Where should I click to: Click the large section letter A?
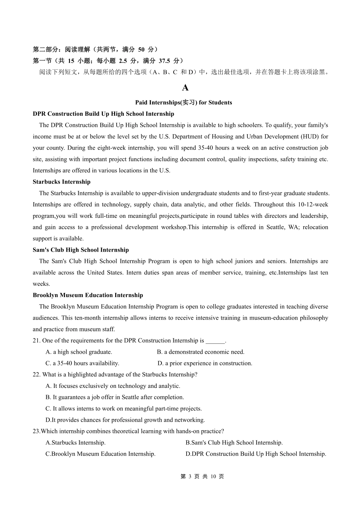pos(185,88)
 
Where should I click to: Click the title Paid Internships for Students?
pos(184,102)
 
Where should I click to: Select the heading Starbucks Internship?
pos(62,182)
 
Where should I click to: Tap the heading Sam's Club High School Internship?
pos(81,250)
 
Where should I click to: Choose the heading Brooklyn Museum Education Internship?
pos(88,295)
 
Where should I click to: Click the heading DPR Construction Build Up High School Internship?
pos(103,114)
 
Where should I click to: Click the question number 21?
pos(36,341)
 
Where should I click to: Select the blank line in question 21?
pos(215,341)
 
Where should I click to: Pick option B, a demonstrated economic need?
pos(201,352)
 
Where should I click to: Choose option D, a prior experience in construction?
pos(205,364)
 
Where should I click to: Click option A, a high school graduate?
pos(79,352)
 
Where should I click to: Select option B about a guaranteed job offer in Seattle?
pos(115,397)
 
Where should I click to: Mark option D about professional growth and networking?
pos(125,420)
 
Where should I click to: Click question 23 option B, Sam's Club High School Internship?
pos(234,443)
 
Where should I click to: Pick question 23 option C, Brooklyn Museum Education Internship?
pos(100,454)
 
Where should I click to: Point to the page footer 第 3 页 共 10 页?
pos(202,477)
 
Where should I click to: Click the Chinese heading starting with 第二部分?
pos(95,49)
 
